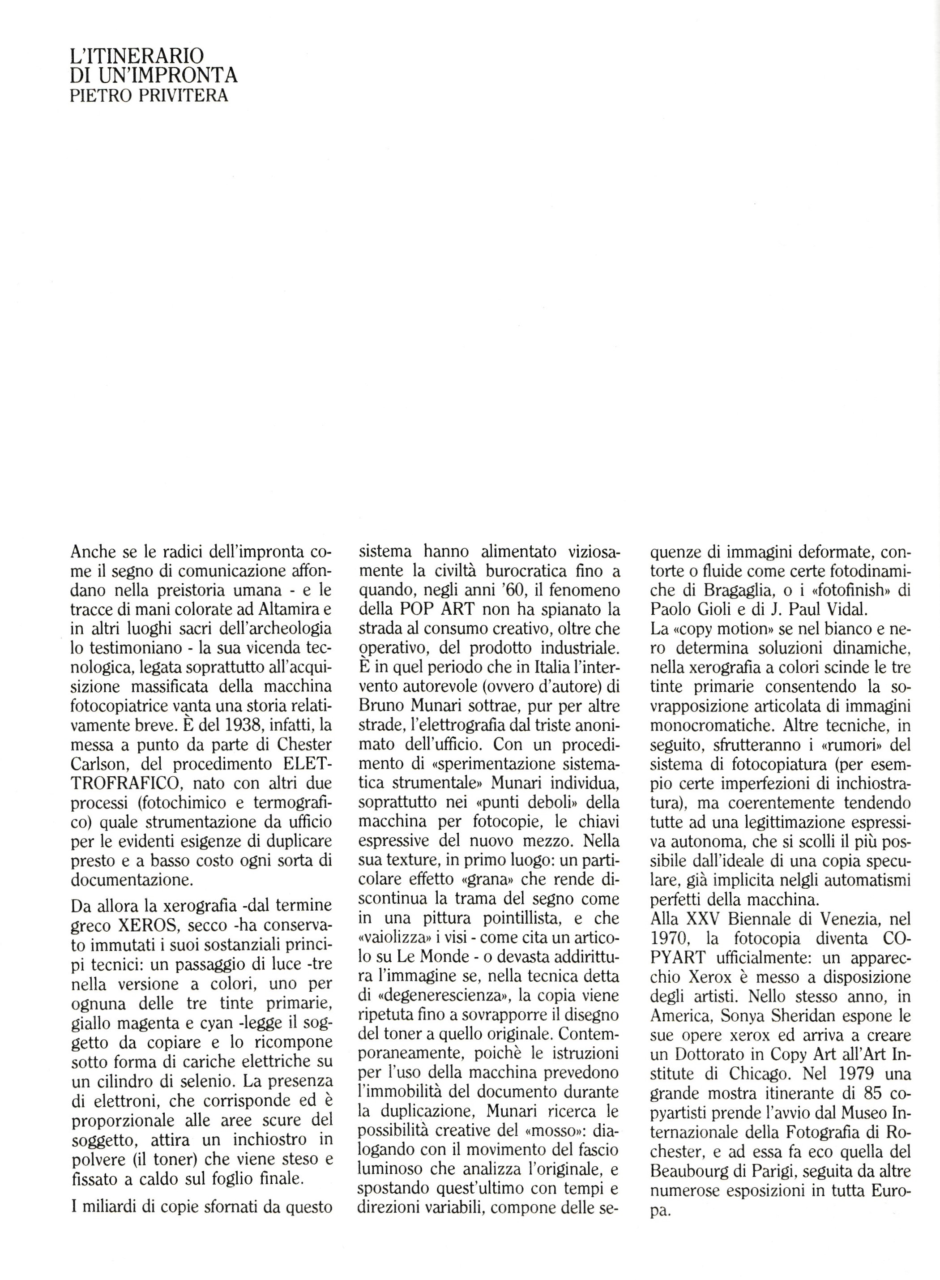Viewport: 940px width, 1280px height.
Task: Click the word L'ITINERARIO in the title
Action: (x=136, y=56)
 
